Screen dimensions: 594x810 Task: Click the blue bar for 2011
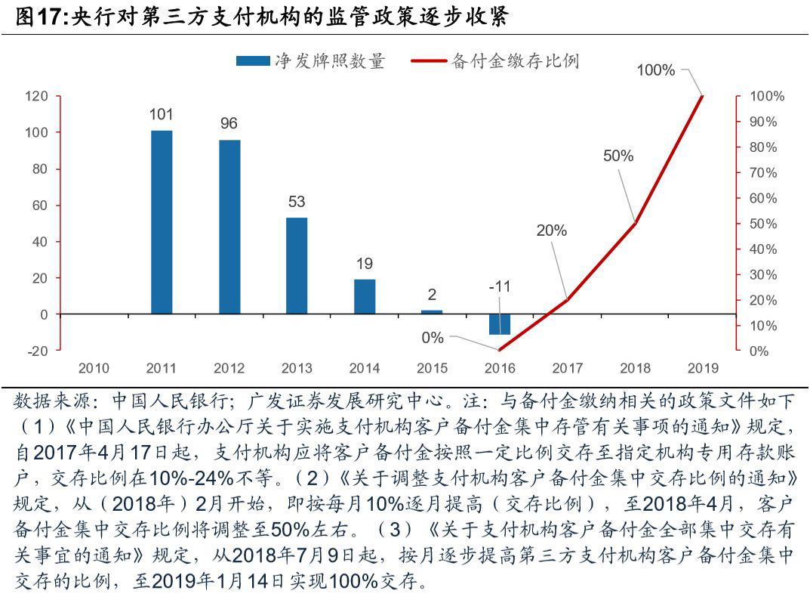(162, 222)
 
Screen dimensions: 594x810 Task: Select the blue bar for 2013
(297, 265)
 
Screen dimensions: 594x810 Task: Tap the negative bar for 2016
(500, 324)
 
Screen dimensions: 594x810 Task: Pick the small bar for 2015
(432, 311)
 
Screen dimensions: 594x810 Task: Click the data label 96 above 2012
(229, 123)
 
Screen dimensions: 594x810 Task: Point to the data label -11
(499, 286)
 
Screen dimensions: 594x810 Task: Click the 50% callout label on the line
(618, 156)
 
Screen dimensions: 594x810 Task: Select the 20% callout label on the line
(551, 230)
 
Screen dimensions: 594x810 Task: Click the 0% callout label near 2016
(433, 338)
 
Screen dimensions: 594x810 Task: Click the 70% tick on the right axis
(764, 173)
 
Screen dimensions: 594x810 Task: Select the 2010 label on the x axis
(94, 369)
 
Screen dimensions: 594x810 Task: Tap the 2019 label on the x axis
(703, 369)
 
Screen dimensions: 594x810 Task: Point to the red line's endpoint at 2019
(703, 96)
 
